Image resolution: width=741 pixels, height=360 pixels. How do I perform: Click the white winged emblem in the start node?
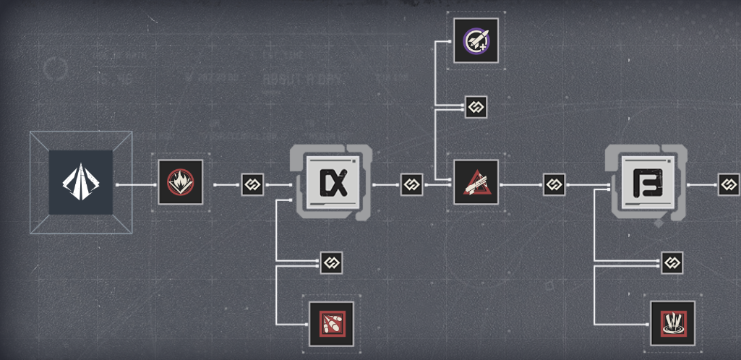(80, 182)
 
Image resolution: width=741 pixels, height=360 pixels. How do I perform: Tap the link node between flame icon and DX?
(252, 184)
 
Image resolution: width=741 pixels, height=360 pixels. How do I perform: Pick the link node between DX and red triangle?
(411, 184)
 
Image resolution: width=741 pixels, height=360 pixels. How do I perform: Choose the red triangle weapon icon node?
(476, 182)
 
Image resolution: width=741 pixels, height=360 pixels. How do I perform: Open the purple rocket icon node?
(476, 40)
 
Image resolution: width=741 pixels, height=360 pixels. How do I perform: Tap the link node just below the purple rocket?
(476, 107)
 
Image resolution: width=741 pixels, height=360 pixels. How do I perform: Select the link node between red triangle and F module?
(554, 184)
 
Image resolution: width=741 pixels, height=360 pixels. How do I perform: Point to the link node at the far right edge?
(728, 184)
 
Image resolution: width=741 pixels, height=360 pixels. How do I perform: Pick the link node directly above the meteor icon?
(331, 262)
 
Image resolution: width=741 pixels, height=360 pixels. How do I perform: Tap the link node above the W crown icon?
(672, 262)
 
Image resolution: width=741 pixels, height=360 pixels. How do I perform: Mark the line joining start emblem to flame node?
(136, 184)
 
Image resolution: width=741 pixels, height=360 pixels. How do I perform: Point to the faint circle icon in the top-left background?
(55, 69)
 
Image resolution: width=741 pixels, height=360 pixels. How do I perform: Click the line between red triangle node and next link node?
(521, 184)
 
